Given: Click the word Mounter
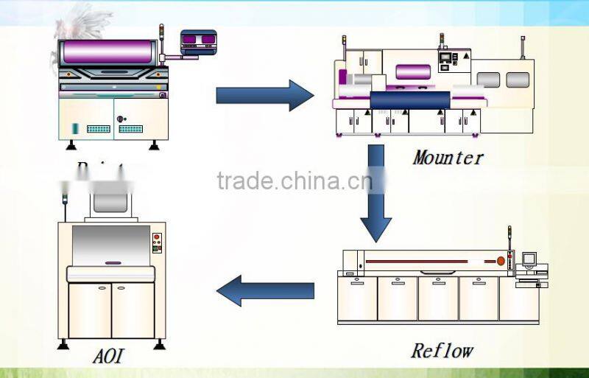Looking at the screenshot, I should [448, 157].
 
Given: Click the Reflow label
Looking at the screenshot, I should [442, 350].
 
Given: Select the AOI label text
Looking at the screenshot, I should [108, 357].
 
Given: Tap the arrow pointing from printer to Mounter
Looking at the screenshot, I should [264, 96].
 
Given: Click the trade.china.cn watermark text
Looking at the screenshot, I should [294, 180].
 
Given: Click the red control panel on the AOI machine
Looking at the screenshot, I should [156, 243].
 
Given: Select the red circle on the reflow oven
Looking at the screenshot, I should [501, 261].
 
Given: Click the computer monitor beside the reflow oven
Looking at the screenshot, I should [529, 259].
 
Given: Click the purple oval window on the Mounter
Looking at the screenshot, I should [413, 72].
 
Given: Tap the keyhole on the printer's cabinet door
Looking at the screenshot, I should [121, 118].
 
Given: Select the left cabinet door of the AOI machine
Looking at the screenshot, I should [90, 309].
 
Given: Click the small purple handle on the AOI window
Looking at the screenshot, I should [112, 262].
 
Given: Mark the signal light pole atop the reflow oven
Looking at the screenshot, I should [509, 236].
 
